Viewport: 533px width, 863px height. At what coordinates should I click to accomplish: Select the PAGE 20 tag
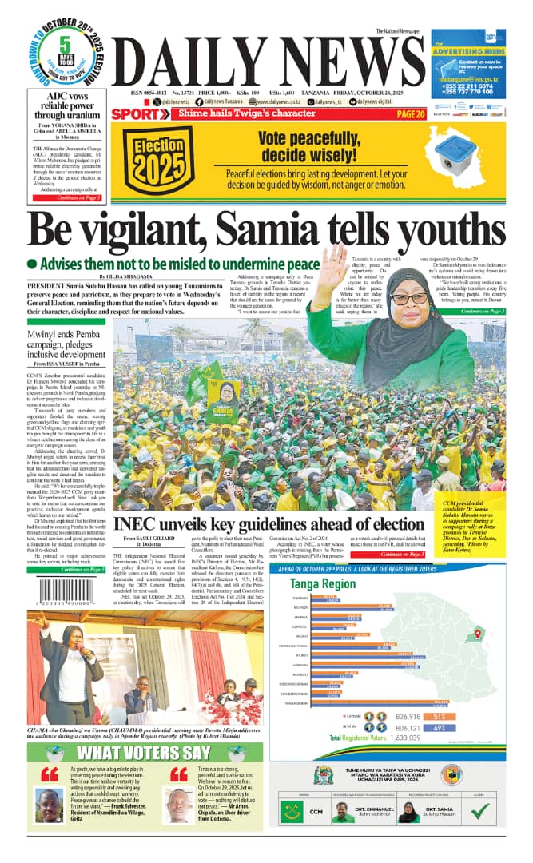point(410,114)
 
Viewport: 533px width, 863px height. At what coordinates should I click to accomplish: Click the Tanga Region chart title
point(324,584)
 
